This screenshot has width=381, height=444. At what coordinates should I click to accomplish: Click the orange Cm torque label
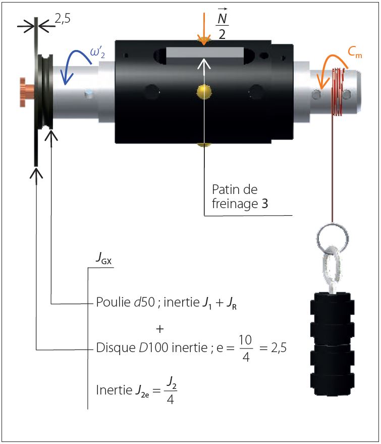click(355, 53)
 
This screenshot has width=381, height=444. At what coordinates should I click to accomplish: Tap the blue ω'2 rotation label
click(97, 53)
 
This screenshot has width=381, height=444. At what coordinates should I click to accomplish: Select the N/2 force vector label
click(220, 26)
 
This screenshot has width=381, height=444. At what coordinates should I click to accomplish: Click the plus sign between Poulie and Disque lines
click(160, 329)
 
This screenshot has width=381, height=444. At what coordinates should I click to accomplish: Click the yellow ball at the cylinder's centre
click(203, 91)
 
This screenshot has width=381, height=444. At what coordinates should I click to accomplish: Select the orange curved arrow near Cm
click(331, 66)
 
